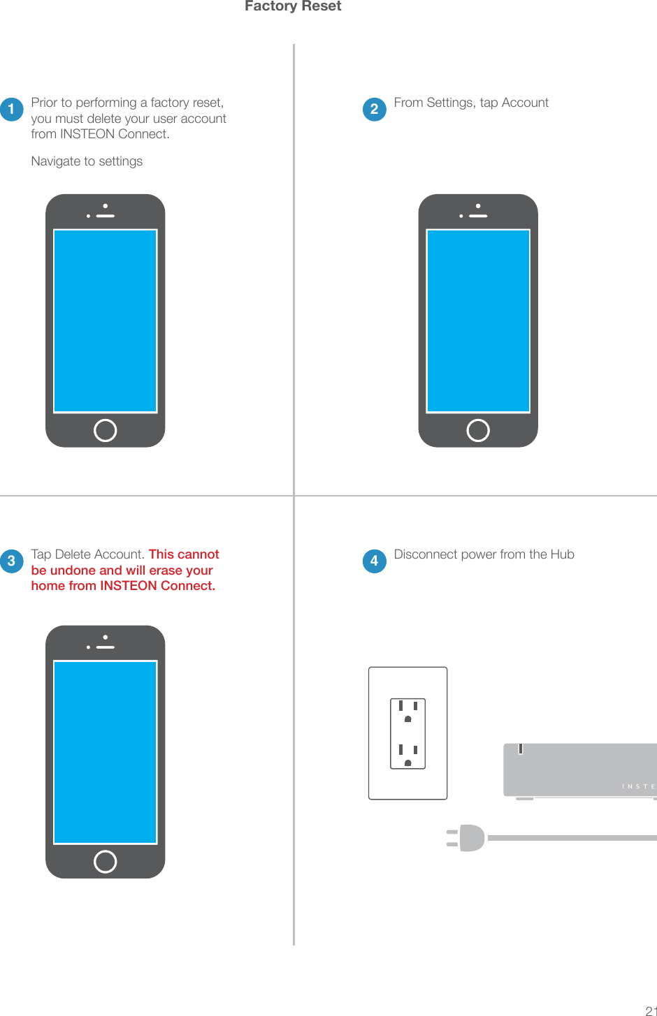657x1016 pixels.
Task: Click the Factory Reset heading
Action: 293,6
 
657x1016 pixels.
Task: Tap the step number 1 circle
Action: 12,110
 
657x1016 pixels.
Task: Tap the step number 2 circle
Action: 375,110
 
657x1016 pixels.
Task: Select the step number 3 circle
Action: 12,561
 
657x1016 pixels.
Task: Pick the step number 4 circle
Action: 375,561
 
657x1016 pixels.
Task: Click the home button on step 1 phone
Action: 105,430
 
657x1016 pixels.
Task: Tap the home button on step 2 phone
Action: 478,430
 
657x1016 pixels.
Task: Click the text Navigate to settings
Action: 87,161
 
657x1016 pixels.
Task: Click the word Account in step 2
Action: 525,103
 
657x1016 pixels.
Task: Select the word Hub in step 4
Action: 562,554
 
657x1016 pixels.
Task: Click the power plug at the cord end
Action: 467,838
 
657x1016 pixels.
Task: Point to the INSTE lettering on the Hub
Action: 638,786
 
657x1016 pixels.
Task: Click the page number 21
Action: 650,1010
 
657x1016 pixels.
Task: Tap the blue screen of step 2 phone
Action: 478,321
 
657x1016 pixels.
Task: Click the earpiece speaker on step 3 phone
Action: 106,647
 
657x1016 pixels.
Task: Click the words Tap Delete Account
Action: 87,554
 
